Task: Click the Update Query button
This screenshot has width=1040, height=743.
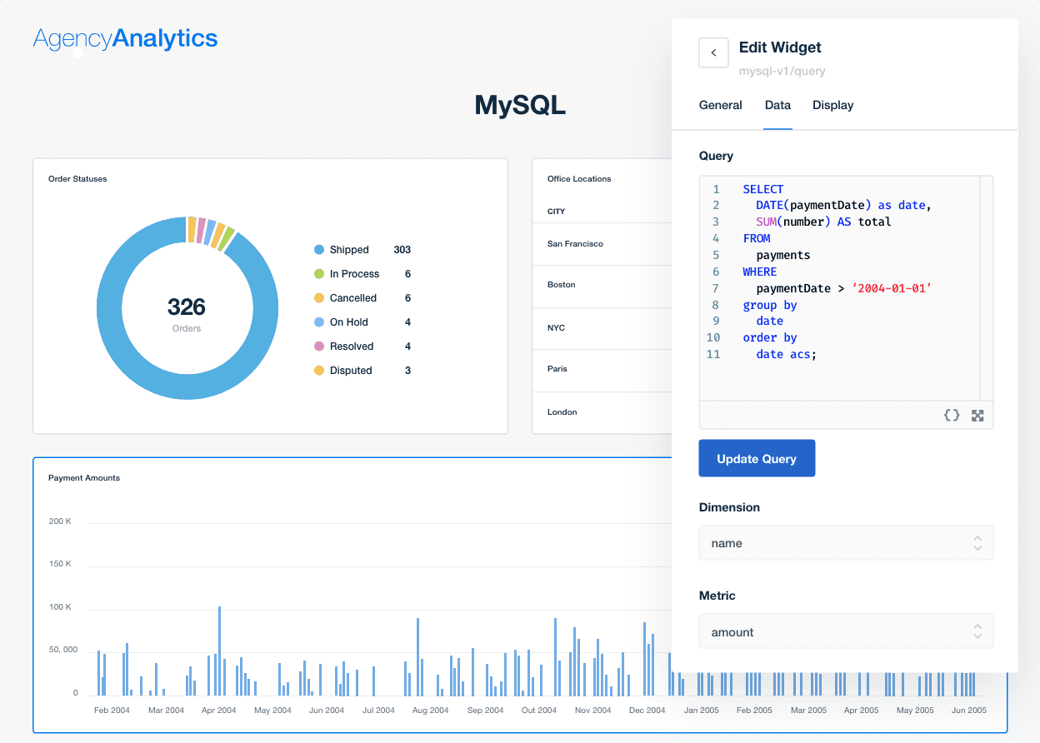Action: [757, 459]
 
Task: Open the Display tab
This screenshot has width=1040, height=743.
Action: [832, 105]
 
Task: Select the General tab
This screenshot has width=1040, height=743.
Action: [720, 105]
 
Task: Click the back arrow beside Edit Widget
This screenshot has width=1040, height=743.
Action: [713, 52]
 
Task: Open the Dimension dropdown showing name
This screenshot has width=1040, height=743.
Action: [846, 543]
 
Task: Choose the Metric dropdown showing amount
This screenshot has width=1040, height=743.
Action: [846, 632]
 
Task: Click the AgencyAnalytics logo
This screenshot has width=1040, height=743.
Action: [125, 38]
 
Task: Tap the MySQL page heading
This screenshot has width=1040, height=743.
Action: [520, 105]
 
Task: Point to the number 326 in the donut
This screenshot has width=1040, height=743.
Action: [187, 307]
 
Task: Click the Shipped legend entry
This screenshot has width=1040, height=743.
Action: [348, 250]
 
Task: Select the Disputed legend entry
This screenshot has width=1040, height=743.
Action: [350, 371]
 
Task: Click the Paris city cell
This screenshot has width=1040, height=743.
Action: [557, 369]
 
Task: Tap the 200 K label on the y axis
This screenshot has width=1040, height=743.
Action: [60, 521]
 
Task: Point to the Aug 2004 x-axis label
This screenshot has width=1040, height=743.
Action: [431, 711]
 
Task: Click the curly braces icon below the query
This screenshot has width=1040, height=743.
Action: [952, 415]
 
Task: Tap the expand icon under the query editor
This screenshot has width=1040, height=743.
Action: [977, 415]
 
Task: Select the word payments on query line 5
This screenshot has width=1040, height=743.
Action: [783, 255]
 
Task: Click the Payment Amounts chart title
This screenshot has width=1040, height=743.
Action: [84, 478]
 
